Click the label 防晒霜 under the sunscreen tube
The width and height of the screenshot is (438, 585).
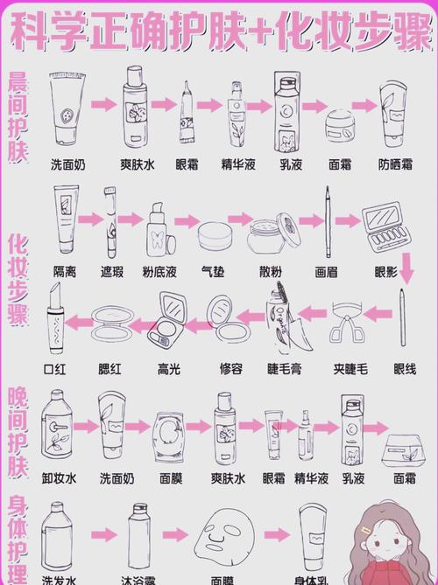pyautogui.click(x=395, y=164)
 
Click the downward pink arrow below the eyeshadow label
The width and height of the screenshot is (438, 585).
pyautogui.click(x=406, y=273)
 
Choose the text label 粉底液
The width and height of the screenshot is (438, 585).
pyautogui.click(x=160, y=272)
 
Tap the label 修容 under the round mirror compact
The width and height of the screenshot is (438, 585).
pyautogui.click(x=230, y=369)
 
